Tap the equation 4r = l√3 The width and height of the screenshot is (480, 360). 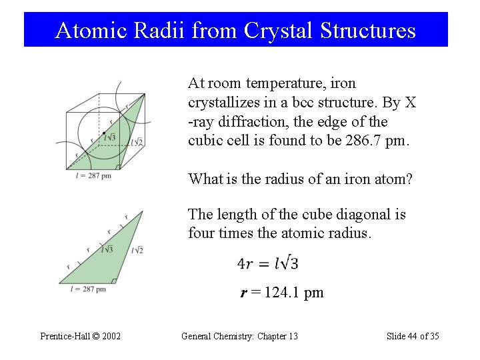coord(267,263)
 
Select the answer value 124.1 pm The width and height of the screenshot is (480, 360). coord(293,293)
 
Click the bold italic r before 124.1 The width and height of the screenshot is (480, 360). coord(243,293)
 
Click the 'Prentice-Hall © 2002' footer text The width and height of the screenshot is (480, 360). coord(80,336)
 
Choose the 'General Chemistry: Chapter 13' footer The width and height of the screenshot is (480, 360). coord(239,336)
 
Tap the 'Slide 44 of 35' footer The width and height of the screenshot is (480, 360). coord(413,336)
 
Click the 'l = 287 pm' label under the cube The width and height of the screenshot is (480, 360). coord(93,175)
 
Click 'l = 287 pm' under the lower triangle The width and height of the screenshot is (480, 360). coord(88,289)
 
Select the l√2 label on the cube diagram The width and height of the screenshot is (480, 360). coord(137,142)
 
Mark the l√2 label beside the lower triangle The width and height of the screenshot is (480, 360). coord(137,250)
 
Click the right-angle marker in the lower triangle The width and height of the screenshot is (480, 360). coord(114,281)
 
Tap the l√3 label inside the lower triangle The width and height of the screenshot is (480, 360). coord(107,249)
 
